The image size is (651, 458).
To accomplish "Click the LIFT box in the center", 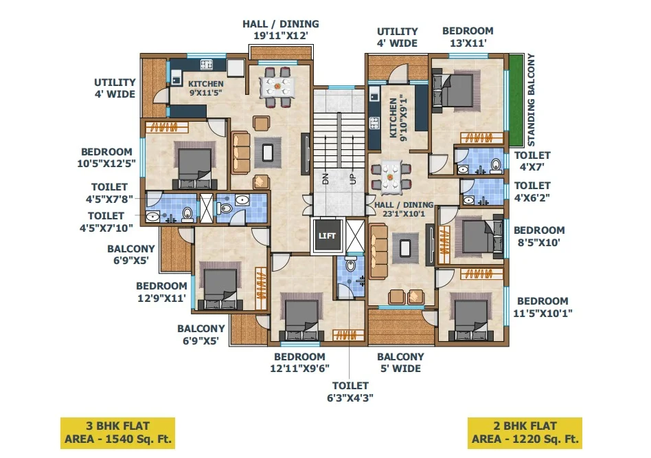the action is click(x=327, y=236).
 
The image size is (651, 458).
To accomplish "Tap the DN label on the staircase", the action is click(x=325, y=179).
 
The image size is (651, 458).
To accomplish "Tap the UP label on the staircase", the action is click(x=353, y=179).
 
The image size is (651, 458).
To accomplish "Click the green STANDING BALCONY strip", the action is click(x=516, y=100).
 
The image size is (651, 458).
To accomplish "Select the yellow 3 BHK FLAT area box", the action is click(x=117, y=433).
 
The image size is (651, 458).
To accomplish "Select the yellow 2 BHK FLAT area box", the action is click(x=525, y=433).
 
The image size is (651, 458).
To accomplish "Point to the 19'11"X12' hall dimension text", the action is click(x=281, y=36).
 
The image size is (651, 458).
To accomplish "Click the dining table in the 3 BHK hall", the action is click(x=277, y=87).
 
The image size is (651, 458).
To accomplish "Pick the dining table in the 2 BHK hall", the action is click(x=390, y=177).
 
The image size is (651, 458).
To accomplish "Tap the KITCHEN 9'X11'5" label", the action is click(x=206, y=88).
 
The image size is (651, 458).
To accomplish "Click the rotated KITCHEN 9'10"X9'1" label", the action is click(x=398, y=118).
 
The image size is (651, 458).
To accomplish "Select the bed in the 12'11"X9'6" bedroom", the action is click(x=301, y=316).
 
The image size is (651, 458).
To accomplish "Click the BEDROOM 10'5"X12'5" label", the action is click(x=106, y=157).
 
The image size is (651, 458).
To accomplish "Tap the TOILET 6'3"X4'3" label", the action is click(x=350, y=391).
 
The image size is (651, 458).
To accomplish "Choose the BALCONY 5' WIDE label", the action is click(x=400, y=362).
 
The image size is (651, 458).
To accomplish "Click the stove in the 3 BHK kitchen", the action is click(x=207, y=65).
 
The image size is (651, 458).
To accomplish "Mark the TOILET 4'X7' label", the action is click(x=532, y=161).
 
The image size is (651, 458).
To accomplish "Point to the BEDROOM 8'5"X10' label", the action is click(x=539, y=236).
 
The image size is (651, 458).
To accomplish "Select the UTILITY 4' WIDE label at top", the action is click(x=397, y=37).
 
